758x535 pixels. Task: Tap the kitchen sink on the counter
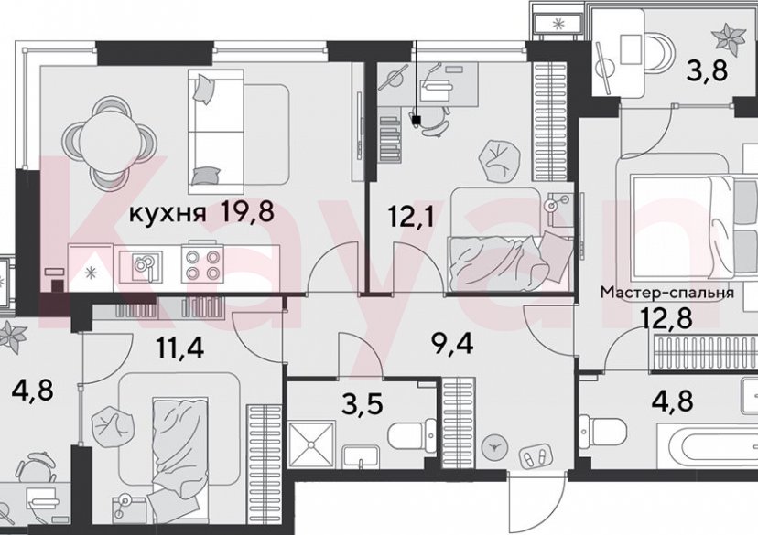[x=144, y=265]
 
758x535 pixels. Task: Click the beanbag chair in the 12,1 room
[x=504, y=158]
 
